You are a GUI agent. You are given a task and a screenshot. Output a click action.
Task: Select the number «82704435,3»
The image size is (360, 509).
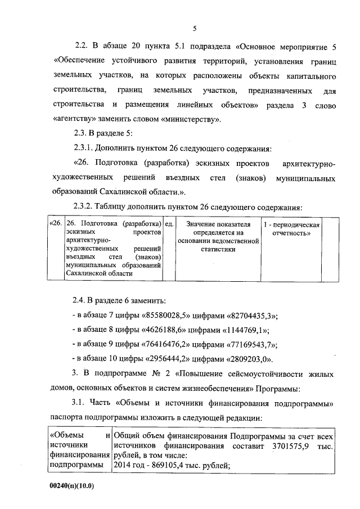click(247, 316)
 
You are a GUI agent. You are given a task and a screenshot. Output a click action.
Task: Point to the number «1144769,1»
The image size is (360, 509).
click(240, 330)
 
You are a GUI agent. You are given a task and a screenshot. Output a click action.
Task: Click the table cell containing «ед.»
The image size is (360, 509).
click(168, 225)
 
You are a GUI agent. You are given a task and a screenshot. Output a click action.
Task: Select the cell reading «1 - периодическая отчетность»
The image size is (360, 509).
click(292, 229)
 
